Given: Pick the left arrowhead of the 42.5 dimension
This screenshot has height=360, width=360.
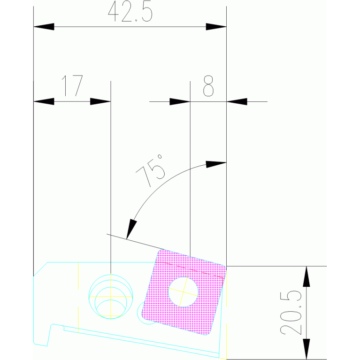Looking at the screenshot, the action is click(44, 27).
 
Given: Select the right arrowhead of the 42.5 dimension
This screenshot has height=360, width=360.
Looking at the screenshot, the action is click(216, 27).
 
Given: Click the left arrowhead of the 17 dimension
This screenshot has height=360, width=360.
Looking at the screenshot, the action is click(44, 101).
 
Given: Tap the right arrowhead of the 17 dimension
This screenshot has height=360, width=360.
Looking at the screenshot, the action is click(100, 101).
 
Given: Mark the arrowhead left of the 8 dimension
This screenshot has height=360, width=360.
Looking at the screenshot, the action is click(180, 101).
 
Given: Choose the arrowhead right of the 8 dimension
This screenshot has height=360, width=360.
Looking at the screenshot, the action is click(237, 101).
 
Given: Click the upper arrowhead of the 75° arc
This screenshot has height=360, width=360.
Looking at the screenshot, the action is click(216, 163).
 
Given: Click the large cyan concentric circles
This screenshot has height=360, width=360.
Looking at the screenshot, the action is click(111, 296).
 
